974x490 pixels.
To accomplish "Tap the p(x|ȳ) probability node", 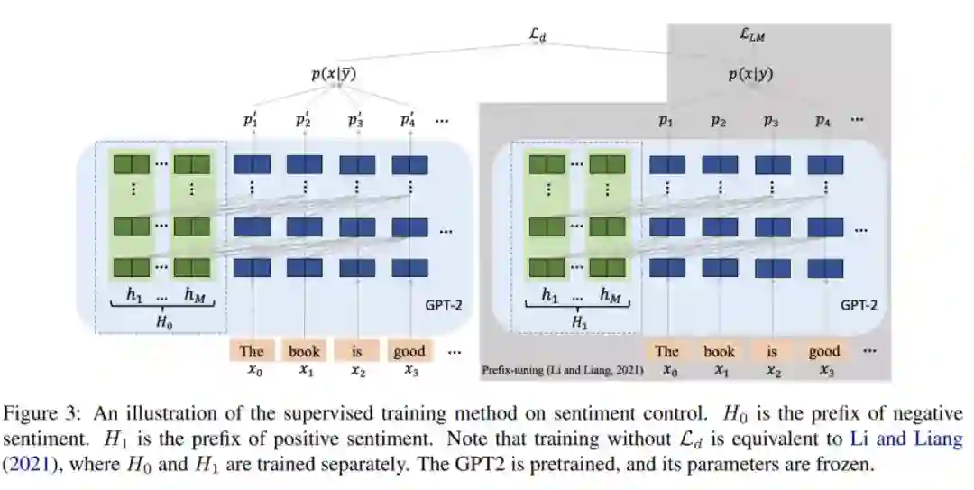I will click(334, 75).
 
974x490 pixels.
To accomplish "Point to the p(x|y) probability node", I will click(751, 75).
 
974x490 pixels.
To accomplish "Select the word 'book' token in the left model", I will click(304, 351).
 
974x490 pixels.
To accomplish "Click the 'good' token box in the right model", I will click(823, 351).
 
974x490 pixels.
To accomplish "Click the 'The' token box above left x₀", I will click(252, 351).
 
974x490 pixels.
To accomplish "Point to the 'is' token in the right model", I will click(771, 351).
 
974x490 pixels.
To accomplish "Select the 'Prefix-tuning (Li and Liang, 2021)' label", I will click(562, 371).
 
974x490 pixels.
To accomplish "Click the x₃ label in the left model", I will click(409, 370).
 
